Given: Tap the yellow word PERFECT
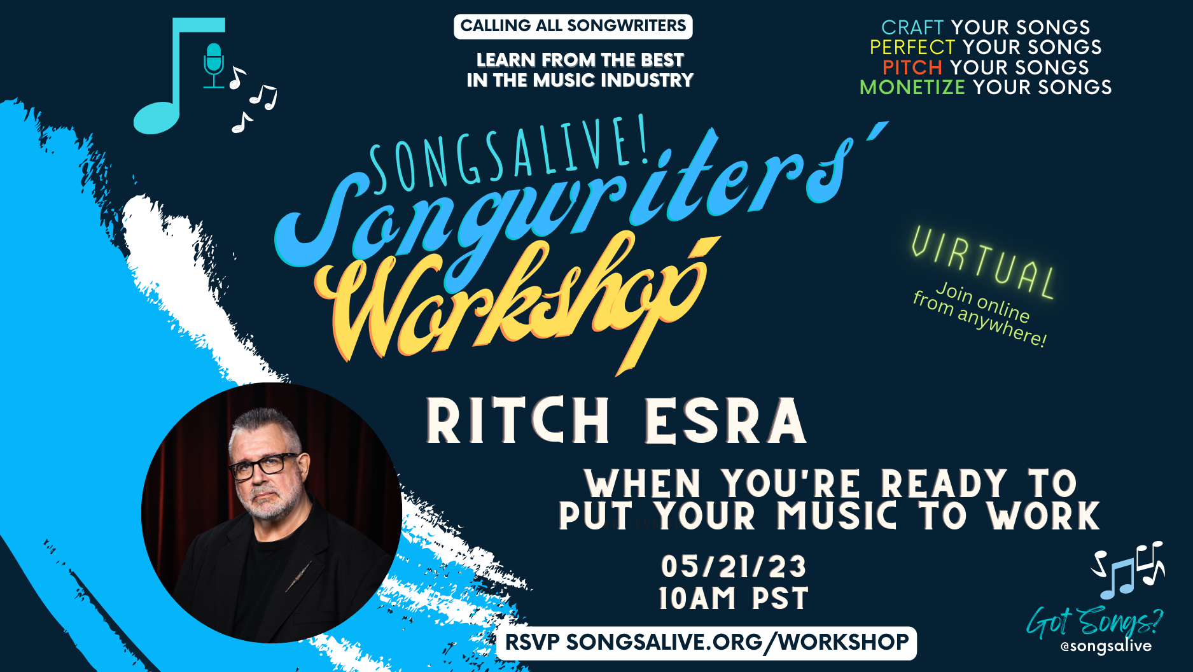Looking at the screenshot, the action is point(912,47).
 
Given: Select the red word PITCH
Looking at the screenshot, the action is point(912,67).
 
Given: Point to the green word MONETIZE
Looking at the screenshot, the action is point(912,87).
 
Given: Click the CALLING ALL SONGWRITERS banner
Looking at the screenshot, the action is point(573,26).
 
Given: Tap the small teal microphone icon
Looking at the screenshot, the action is point(214,66).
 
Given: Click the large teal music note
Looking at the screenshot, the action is point(179,75).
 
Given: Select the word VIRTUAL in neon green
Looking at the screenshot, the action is point(984,262).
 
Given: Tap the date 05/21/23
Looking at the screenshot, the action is point(734,566).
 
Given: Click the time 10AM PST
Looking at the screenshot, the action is point(734,599).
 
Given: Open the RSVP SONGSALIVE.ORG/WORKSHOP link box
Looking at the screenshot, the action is point(707,643).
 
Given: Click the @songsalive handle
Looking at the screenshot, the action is point(1106,647).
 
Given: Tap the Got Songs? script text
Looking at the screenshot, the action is point(1094,622).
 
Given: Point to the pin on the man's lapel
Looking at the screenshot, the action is point(298,576).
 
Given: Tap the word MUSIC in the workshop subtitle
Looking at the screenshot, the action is point(837,516).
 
